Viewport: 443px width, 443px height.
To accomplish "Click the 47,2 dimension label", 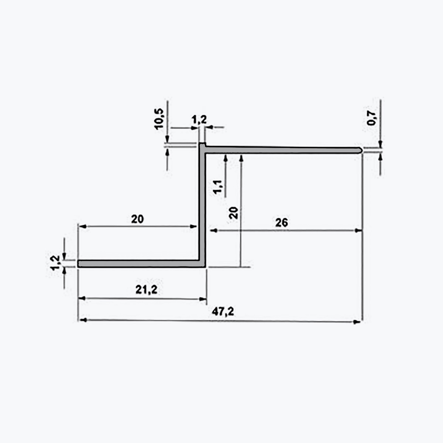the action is (x=223, y=312).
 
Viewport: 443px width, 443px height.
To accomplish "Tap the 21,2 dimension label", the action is (x=146, y=290).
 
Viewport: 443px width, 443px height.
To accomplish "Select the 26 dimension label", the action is (x=281, y=223).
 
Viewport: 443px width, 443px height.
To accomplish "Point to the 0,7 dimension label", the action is (x=371, y=118).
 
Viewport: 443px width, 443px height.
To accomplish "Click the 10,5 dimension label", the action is (x=159, y=119).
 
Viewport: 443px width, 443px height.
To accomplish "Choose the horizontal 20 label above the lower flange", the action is (x=137, y=219).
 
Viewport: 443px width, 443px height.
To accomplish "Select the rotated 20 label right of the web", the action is (x=233, y=213).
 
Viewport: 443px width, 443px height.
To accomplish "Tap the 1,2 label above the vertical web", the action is (x=199, y=120).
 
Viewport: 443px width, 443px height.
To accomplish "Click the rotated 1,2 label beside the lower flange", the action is (x=55, y=263).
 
